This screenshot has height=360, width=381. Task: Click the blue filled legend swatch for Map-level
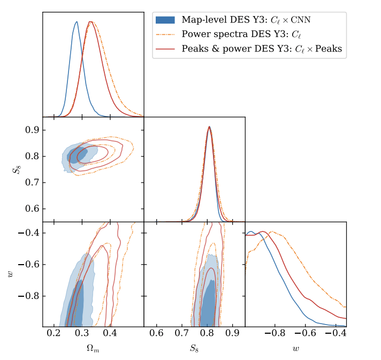(165, 20)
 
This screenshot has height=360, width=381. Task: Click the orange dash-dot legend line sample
(165, 35)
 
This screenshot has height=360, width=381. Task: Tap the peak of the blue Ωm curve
(77, 22)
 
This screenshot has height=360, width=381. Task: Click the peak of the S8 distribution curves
(209, 127)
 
